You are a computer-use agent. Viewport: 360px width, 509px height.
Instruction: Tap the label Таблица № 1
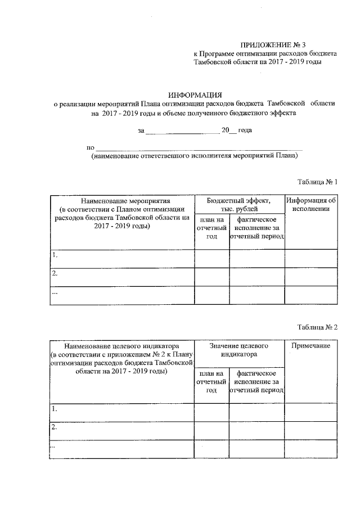coord(317,182)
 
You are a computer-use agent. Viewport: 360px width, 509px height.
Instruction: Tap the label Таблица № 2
coord(317,327)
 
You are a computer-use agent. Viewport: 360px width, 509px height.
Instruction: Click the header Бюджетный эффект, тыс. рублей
coord(239,204)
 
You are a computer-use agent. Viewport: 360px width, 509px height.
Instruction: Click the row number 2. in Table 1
coord(55,274)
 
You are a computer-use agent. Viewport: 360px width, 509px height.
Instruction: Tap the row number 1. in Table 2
coord(55,409)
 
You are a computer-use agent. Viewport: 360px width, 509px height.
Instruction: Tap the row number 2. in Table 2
coord(55,427)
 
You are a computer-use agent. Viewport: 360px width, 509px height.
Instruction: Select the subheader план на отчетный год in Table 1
coord(211,228)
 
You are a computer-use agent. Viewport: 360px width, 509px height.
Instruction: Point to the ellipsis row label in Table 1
coord(55,292)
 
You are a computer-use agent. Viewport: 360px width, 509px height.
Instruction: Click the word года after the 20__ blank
coord(245,130)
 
